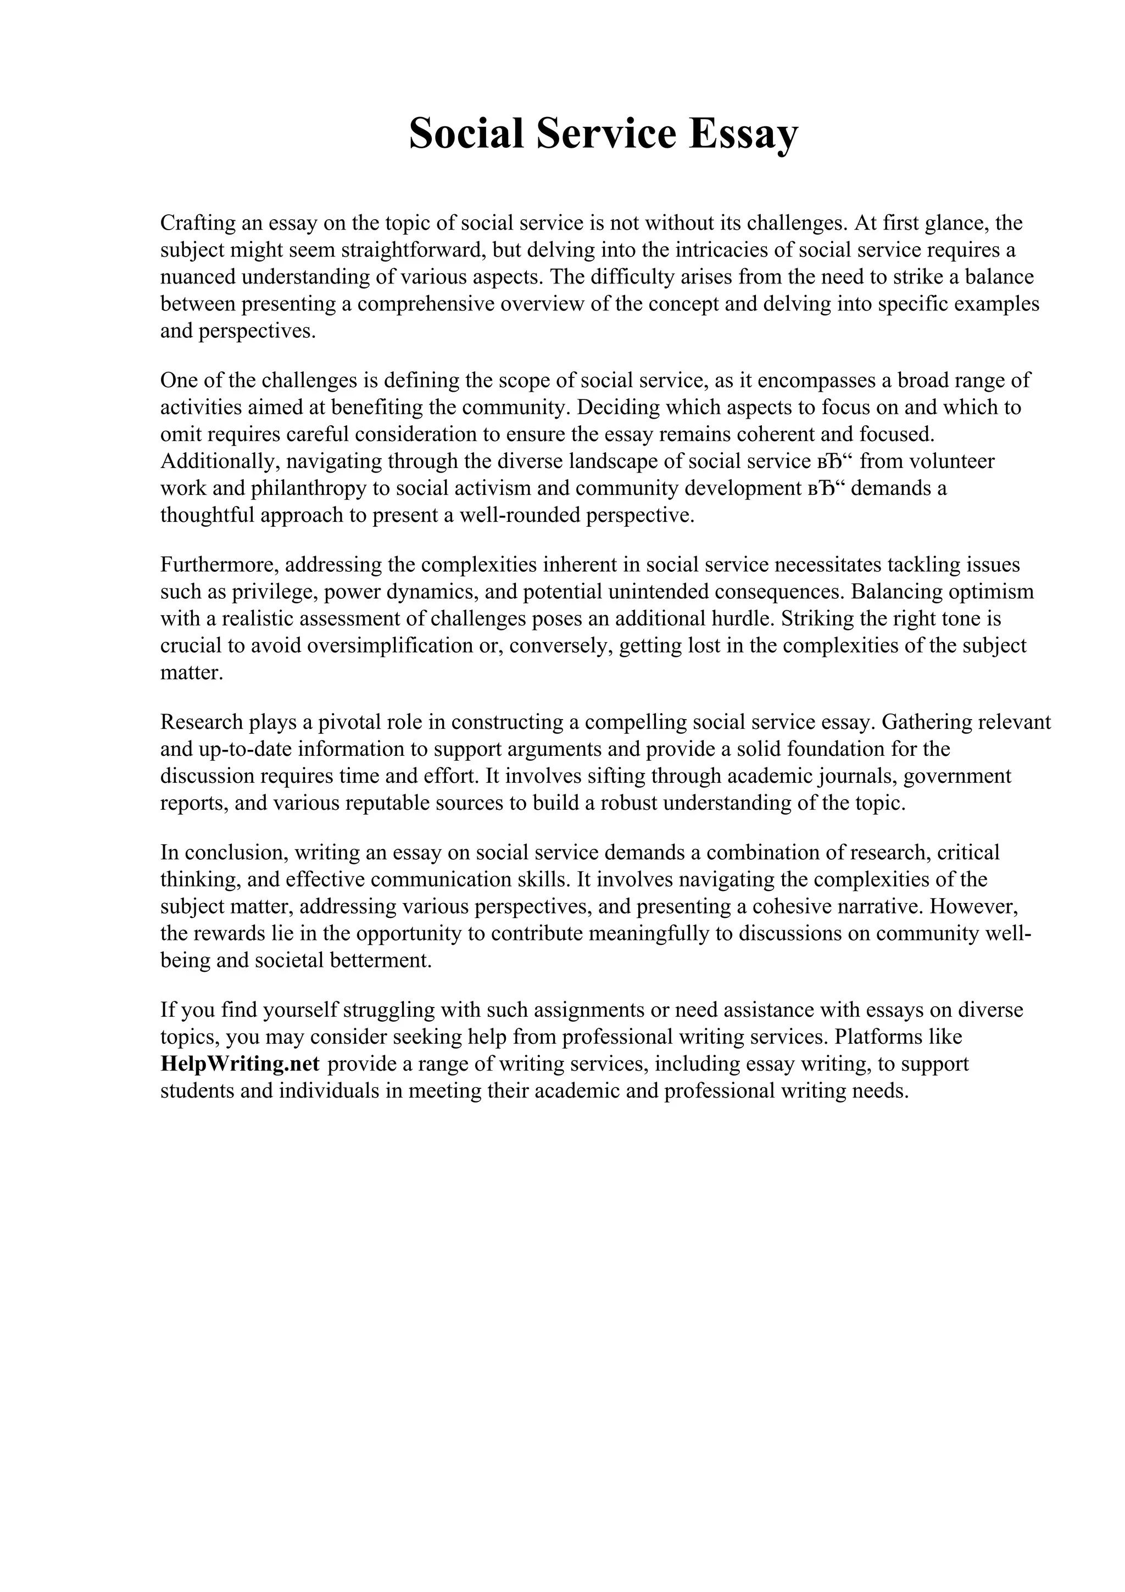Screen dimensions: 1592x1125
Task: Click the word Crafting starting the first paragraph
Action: click(x=197, y=223)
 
